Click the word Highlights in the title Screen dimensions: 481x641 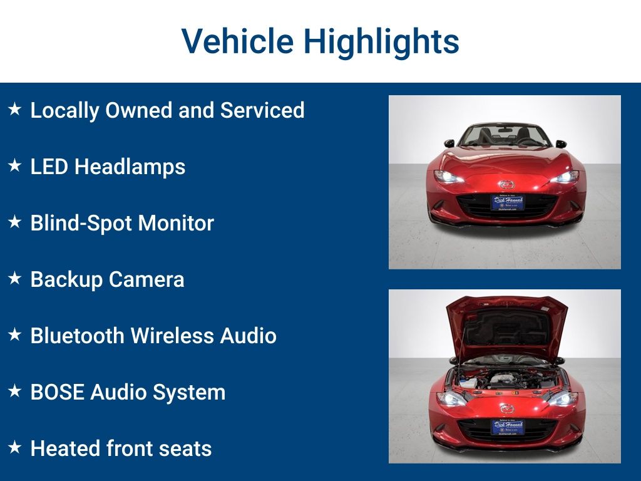pos(381,42)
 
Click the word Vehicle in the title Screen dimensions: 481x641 pos(237,42)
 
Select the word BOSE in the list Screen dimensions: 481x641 pos(58,392)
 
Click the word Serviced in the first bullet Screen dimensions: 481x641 pos(262,110)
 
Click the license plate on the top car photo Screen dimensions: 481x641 pos(507,202)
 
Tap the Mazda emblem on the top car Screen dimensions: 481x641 pos(505,184)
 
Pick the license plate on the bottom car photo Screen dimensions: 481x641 pos(507,427)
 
